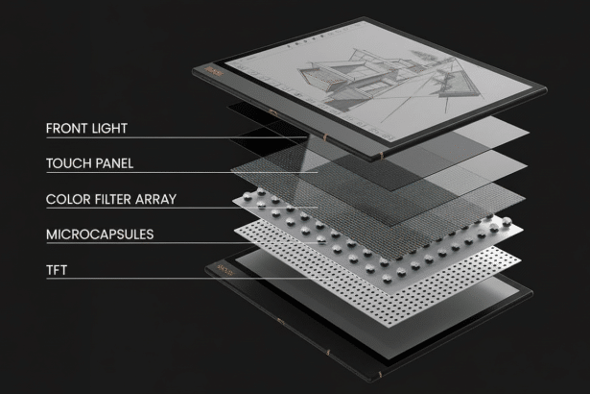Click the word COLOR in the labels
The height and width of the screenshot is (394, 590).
coord(65,199)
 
